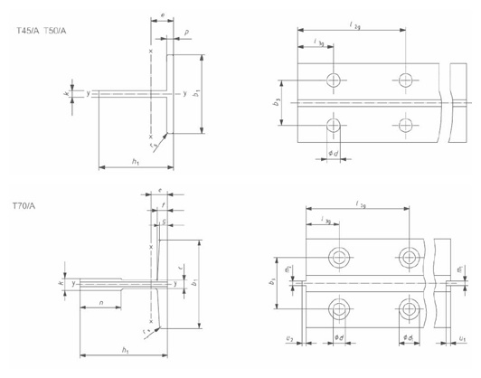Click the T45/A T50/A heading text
(x=42, y=30)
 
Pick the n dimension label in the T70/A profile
(x=102, y=302)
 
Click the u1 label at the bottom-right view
(x=461, y=337)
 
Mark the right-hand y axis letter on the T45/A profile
(x=184, y=93)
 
